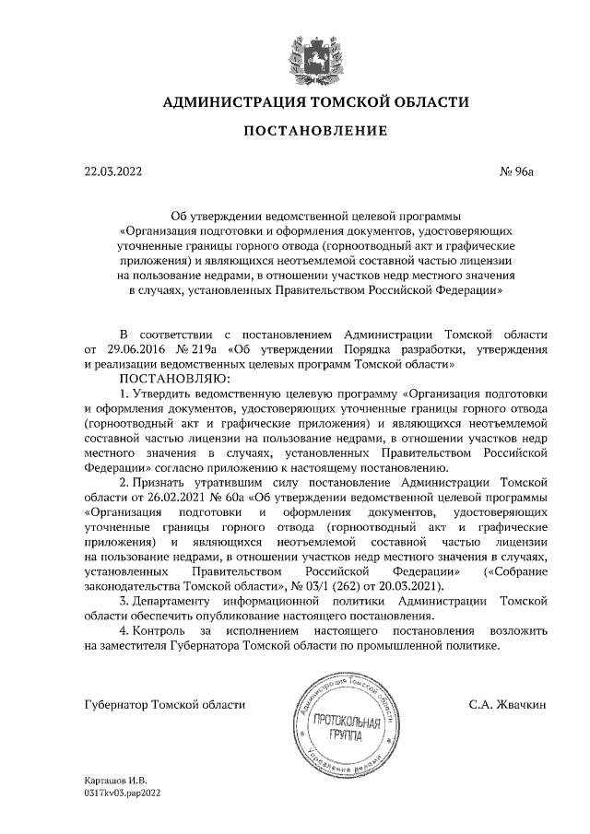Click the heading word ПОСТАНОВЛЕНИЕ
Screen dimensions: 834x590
click(314, 132)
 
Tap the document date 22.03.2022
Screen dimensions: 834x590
click(113, 171)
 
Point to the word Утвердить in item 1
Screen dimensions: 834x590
click(161, 394)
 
